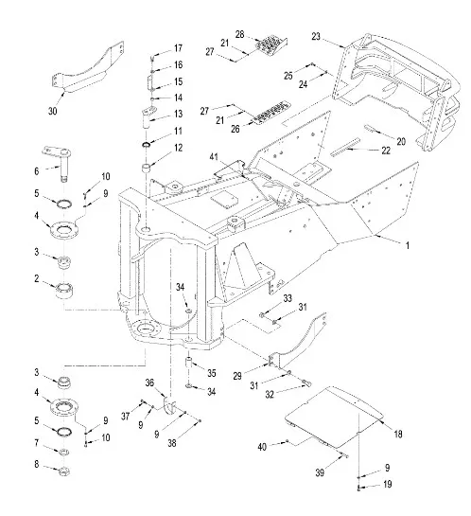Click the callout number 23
[316, 36]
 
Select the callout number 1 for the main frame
[408, 245]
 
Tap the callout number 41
[214, 157]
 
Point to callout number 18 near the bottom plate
[398, 434]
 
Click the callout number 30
[53, 111]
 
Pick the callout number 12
[178, 148]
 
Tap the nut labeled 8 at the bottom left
[63, 471]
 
